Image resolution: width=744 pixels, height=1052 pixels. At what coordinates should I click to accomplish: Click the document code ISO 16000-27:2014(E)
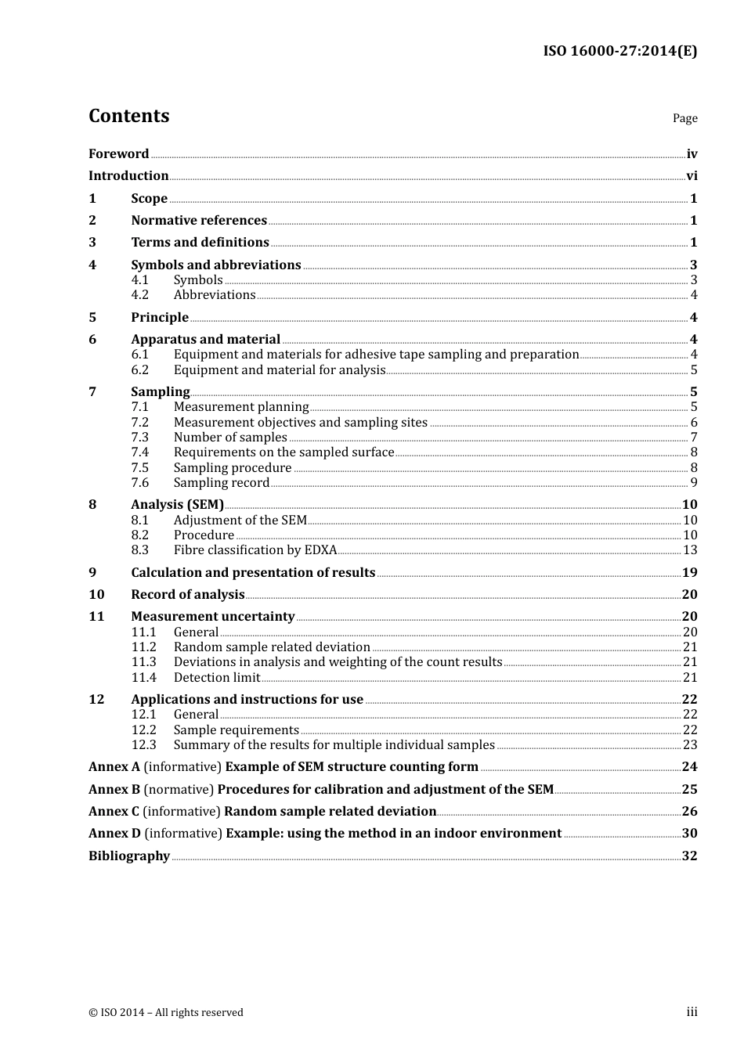tap(619, 51)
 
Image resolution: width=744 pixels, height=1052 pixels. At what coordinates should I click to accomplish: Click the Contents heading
tap(128, 116)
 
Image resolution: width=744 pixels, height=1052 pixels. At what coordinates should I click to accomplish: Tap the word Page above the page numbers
tap(684, 118)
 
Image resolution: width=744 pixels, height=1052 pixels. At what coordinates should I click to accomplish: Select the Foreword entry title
tap(118, 153)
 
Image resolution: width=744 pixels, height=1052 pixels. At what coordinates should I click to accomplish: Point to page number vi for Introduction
tap(692, 176)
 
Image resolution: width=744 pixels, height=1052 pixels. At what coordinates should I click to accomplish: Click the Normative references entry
tap(199, 221)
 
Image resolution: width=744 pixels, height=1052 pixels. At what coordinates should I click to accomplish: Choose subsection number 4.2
tap(139, 295)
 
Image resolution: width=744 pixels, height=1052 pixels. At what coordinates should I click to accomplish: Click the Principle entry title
tap(160, 317)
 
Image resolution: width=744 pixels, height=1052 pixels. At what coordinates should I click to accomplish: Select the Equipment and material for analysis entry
tap(280, 369)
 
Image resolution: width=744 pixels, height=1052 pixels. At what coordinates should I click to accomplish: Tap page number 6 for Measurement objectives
tap(693, 423)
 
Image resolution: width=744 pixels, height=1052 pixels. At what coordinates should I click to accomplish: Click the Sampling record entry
tap(222, 483)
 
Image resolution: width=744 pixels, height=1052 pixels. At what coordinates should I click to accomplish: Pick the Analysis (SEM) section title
tap(177, 505)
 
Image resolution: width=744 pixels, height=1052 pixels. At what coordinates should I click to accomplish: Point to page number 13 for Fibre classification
tap(690, 550)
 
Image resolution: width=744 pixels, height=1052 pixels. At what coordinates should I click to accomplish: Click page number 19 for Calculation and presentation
tap(689, 573)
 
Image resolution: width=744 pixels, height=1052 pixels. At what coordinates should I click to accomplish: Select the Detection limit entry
tap(217, 678)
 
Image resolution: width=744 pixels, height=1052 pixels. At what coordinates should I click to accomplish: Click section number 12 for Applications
tap(96, 699)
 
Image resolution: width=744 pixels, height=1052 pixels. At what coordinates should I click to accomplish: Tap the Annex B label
tap(114, 790)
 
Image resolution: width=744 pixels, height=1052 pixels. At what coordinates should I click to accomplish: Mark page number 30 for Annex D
tap(689, 834)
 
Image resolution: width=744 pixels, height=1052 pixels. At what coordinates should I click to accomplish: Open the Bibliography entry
tap(129, 856)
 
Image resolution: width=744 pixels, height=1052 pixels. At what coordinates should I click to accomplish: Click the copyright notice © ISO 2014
tap(166, 1012)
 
